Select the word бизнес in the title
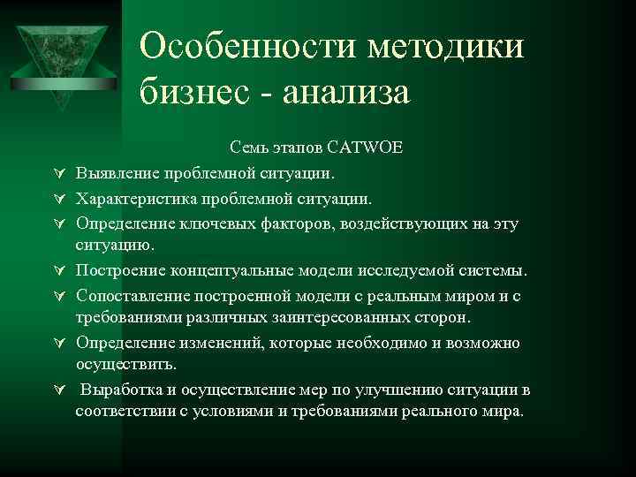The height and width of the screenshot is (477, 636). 193,91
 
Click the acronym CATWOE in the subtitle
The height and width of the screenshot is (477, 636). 365,147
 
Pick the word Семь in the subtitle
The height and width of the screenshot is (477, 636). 248,147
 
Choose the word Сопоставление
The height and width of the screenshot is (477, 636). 132,294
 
